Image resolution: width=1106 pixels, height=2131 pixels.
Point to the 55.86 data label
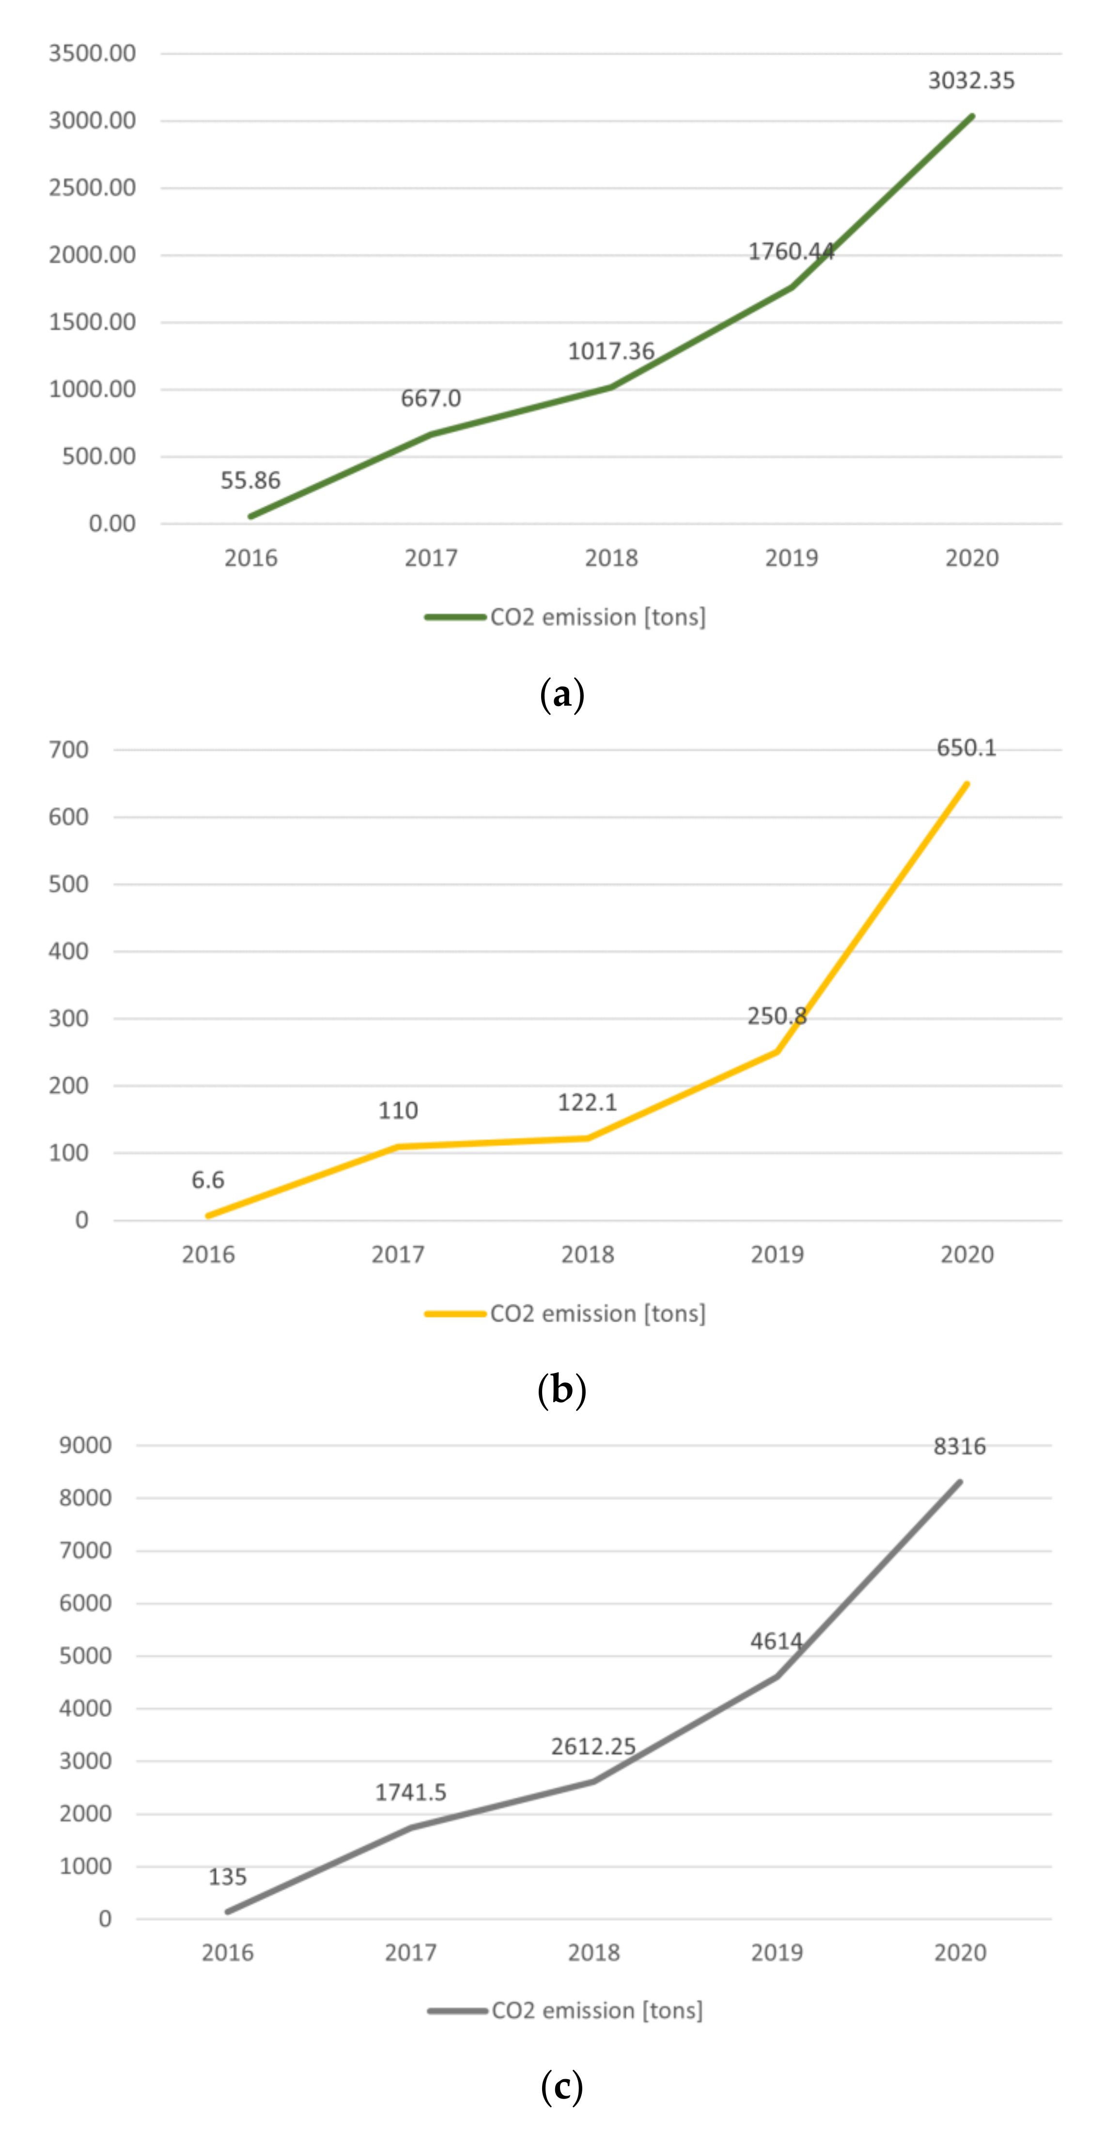coord(250,480)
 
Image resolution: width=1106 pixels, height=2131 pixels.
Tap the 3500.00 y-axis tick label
coord(92,54)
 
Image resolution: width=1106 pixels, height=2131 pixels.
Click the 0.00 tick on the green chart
coord(112,524)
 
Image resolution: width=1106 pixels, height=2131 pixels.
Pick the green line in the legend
coord(454,617)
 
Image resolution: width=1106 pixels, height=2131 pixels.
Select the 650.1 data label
coord(966,748)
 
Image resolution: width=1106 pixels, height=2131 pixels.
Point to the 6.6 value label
coord(208,1180)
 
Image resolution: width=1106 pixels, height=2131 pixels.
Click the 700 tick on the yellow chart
coord(69,750)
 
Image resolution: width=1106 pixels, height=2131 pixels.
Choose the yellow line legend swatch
coord(454,1313)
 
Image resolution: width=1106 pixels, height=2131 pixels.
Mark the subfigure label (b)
coord(561,1390)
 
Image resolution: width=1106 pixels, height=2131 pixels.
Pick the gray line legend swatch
coord(457,2010)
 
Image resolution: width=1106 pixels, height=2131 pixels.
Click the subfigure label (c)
coord(561,2086)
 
